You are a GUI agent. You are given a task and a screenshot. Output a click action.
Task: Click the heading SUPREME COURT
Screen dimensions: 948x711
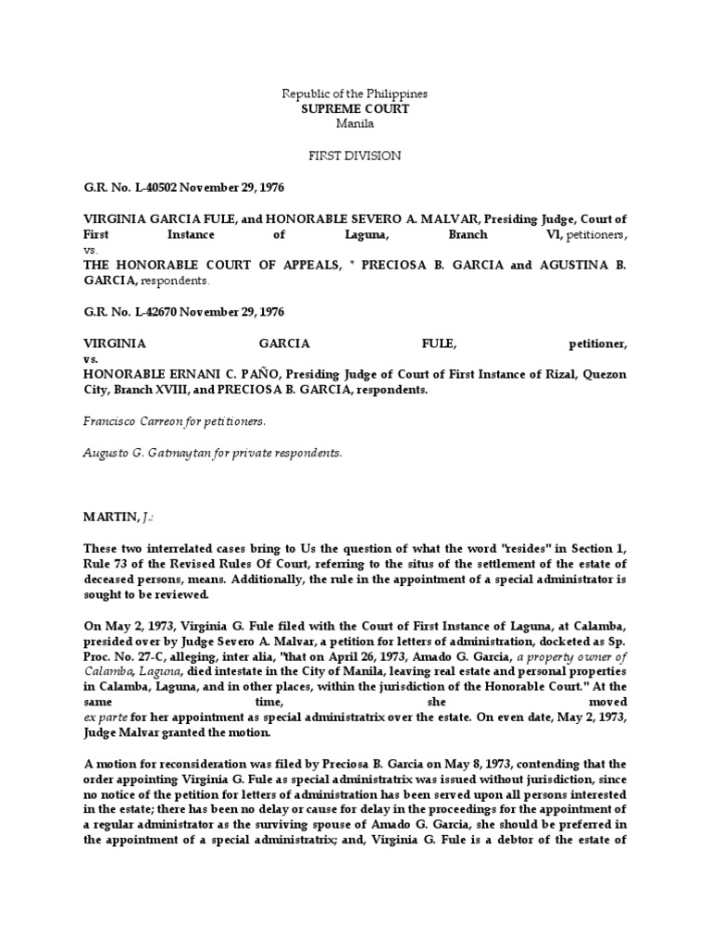(x=355, y=108)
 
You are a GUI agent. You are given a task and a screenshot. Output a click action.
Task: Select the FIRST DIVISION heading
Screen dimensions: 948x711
(x=355, y=156)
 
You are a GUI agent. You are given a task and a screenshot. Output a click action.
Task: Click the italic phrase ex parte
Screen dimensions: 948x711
(x=106, y=717)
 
